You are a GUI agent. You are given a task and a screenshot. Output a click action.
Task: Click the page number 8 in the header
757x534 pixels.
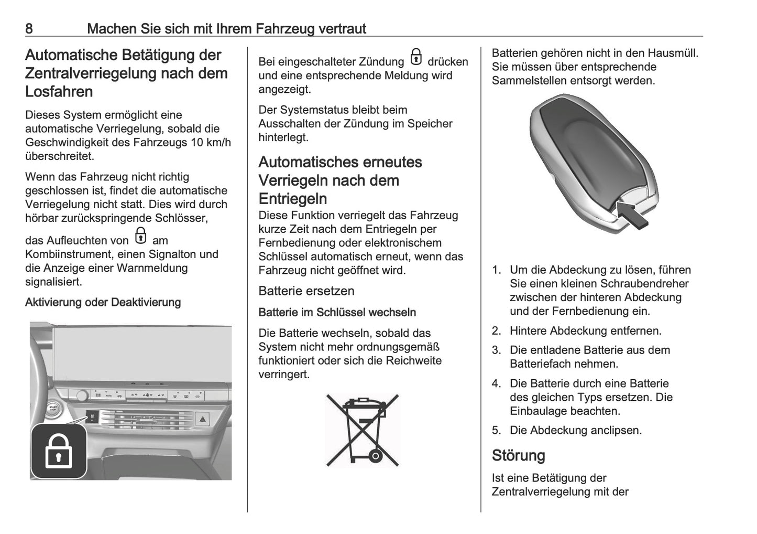coord(29,28)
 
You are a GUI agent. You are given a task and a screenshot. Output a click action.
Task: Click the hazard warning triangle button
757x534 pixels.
coord(203,419)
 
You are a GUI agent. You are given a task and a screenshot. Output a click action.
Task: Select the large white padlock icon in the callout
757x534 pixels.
coord(59,451)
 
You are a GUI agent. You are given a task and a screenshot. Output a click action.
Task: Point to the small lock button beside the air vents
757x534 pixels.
coord(92,416)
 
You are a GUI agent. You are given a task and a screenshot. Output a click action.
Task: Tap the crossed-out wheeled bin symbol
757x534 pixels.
coord(363,430)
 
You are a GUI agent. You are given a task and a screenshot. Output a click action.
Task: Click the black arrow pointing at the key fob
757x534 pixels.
coord(632,215)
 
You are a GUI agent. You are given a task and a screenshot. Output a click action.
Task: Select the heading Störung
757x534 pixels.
coord(518,455)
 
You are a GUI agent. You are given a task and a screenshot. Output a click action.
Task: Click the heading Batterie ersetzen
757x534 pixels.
coord(306,291)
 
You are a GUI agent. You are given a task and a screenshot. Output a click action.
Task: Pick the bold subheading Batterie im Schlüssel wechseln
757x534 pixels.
coord(337,312)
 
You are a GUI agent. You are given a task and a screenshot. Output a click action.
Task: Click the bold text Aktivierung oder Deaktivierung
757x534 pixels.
coord(103,302)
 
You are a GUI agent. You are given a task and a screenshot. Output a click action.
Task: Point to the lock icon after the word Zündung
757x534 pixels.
coord(416,57)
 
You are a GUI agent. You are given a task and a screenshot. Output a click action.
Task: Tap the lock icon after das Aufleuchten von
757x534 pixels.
coord(140,236)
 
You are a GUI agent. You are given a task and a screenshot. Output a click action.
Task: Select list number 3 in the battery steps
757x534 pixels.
coord(496,350)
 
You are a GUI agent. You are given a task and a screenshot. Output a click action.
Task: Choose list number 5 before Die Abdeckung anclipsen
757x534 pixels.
coord(496,430)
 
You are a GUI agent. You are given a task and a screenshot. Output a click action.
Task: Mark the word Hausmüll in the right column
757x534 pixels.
coord(673,53)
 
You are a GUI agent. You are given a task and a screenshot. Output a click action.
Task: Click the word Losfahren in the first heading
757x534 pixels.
coord(59,91)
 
